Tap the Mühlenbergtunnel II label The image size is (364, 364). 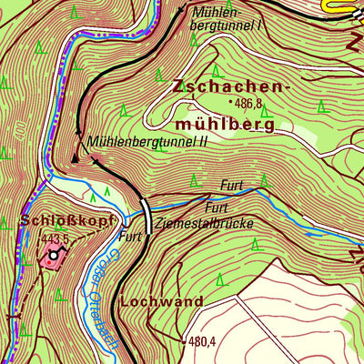click(147, 142)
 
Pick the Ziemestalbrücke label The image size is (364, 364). click(203, 222)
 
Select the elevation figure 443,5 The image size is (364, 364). click(55, 239)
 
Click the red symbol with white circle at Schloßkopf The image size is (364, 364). click(53, 256)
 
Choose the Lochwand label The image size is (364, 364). click(159, 298)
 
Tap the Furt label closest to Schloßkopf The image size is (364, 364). click(131, 237)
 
